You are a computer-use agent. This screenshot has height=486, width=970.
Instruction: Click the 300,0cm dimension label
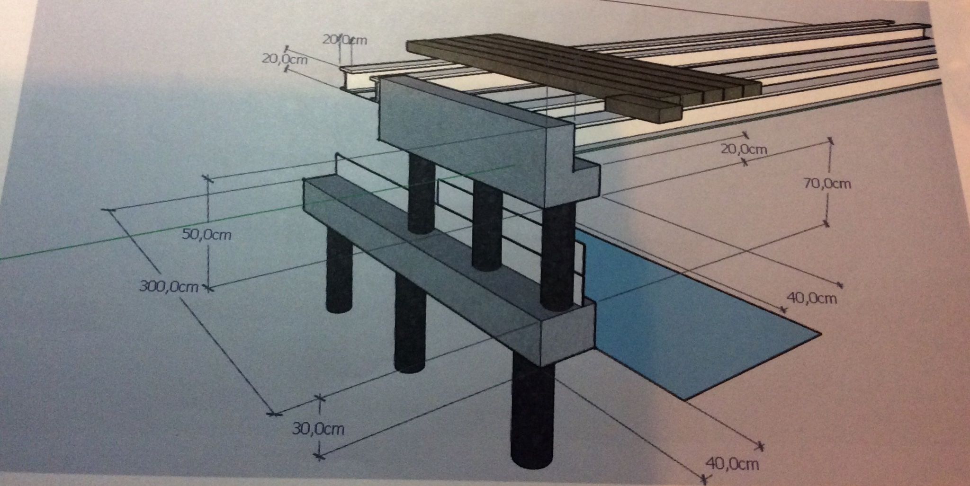click(169, 287)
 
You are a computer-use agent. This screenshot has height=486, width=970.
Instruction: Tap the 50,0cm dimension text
click(207, 234)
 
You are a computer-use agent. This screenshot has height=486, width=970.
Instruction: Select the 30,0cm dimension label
click(318, 429)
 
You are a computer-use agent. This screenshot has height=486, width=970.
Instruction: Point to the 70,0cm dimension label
click(827, 183)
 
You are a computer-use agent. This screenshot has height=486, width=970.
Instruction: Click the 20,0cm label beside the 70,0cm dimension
click(744, 150)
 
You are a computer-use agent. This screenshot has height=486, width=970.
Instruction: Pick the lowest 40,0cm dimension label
click(732, 464)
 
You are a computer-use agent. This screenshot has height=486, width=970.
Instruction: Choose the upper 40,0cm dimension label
click(812, 298)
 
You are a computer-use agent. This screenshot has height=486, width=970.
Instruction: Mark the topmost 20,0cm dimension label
click(344, 40)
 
